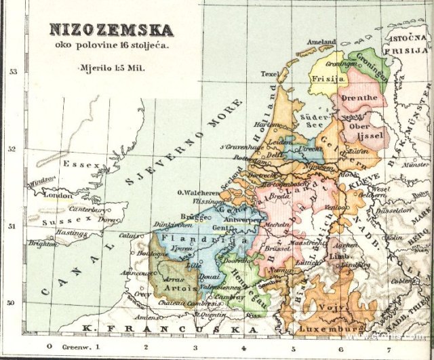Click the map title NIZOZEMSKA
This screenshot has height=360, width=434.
[111, 30]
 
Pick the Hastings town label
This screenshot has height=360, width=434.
[73, 233]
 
